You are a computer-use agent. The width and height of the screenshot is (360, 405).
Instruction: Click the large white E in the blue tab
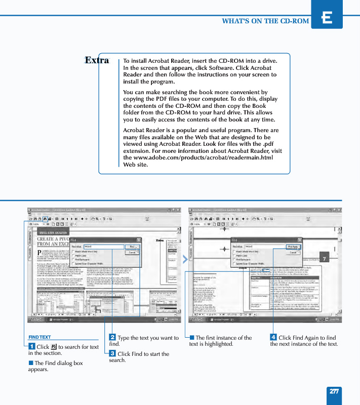(x=327, y=18)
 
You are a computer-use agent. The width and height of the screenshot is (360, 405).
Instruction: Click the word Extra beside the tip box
(x=97, y=60)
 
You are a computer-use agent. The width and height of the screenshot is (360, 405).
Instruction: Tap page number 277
(x=334, y=391)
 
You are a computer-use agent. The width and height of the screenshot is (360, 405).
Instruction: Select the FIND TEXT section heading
(x=39, y=337)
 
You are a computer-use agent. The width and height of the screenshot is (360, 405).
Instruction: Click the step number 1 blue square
(x=31, y=346)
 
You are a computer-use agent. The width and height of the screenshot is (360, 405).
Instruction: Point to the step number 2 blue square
(x=112, y=338)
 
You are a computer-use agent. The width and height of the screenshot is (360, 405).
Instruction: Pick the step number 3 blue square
(x=112, y=353)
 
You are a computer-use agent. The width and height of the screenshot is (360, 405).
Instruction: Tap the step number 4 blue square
(x=273, y=338)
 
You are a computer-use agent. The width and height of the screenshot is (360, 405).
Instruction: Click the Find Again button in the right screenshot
(x=293, y=247)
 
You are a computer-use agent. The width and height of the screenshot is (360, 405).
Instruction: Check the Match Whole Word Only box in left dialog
(x=73, y=252)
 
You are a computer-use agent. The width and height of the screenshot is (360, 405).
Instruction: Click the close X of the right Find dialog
(x=300, y=240)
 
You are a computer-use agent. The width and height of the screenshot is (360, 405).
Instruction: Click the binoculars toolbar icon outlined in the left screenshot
(x=45, y=219)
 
